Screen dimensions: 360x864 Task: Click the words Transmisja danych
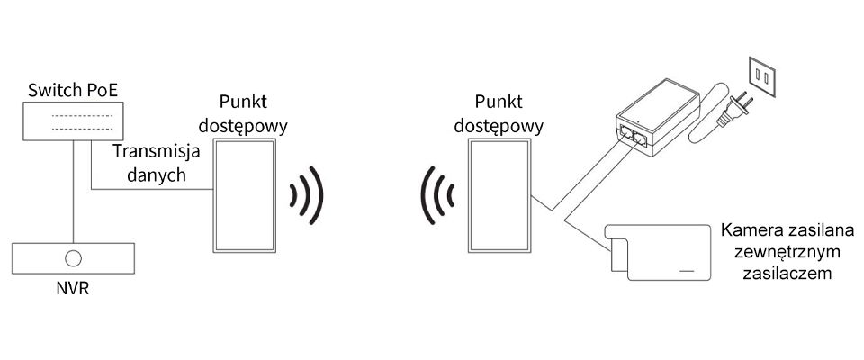tap(150, 163)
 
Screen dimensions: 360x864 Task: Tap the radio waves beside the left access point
tap(306, 194)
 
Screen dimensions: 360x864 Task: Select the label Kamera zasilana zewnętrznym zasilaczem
tap(787, 251)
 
